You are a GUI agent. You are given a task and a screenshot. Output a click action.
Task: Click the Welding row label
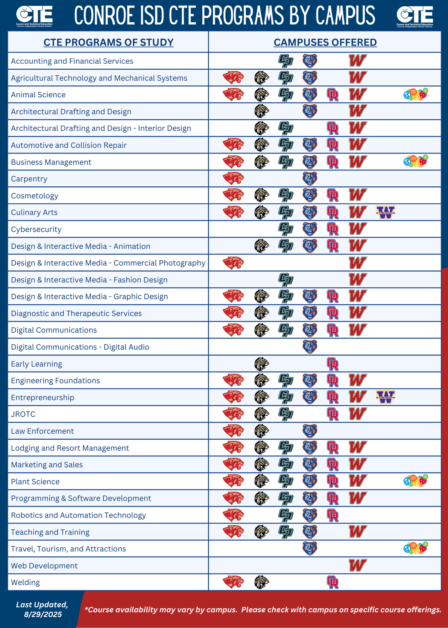25,582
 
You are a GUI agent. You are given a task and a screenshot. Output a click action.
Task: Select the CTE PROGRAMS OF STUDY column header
108,42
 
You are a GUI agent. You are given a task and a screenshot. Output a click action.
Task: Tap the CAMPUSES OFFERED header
325,42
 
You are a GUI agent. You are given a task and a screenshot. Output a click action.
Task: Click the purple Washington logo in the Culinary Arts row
386,213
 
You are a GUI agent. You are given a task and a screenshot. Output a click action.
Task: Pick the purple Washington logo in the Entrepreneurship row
386,397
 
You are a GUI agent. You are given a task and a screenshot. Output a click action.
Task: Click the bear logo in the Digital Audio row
310,347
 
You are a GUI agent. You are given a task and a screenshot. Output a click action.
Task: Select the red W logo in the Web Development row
358,566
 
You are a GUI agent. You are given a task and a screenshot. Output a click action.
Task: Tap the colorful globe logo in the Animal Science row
416,95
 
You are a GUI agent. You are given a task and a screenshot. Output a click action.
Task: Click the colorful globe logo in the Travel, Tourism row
416,548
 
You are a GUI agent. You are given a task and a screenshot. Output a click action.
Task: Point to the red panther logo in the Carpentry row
233,179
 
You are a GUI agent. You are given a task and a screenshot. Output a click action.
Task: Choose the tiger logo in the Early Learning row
262,364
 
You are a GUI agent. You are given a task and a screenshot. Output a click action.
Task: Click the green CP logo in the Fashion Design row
286,279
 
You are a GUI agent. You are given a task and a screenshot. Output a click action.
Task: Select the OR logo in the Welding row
333,582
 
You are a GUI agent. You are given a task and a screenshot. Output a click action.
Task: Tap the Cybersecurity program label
36,230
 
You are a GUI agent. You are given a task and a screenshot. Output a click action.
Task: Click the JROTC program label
23,414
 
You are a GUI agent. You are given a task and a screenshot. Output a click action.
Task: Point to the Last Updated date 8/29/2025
43,614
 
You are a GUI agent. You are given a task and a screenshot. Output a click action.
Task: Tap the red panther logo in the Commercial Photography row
233,263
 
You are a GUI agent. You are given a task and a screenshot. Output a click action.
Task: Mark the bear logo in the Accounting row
310,61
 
